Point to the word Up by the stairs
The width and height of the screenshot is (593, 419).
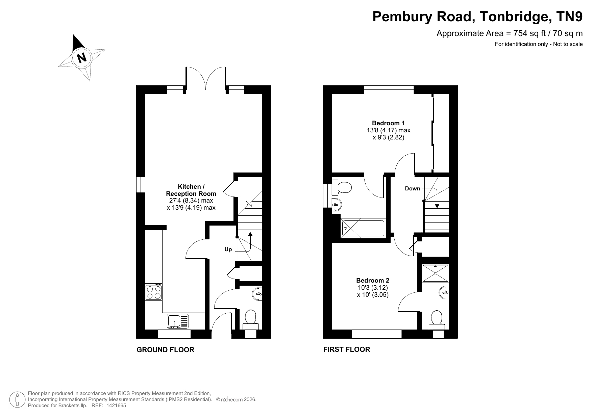(x=228, y=250)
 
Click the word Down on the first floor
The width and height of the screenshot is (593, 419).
(x=413, y=189)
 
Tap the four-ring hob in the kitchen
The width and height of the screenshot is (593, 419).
(x=154, y=292)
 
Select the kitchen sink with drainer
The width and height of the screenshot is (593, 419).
(x=178, y=321)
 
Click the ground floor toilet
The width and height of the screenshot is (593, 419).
(x=250, y=320)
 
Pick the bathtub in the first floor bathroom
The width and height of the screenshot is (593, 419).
(x=363, y=229)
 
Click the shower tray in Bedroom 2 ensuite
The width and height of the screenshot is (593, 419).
(x=436, y=273)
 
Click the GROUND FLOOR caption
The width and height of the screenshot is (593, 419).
(x=165, y=350)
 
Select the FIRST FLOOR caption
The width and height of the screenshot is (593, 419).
(x=347, y=349)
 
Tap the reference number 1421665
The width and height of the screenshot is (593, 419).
(x=116, y=406)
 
